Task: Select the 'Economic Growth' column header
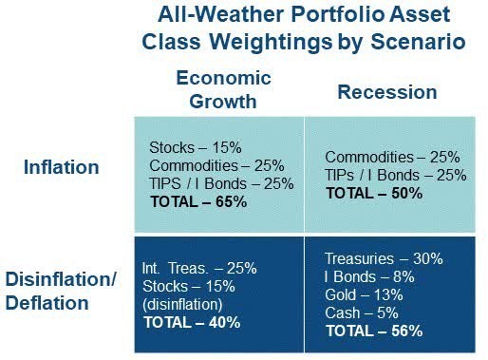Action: click(x=223, y=89)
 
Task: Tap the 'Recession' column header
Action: click(x=386, y=92)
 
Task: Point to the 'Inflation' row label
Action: click(x=62, y=168)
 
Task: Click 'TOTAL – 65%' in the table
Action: click(x=197, y=201)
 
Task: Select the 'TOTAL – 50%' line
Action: click(x=374, y=192)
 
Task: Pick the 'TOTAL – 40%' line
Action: click(x=192, y=322)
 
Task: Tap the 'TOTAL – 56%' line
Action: click(x=374, y=332)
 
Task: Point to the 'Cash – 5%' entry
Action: click(x=360, y=313)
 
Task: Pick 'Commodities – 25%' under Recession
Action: click(x=391, y=157)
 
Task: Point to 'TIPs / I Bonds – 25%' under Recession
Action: click(x=396, y=175)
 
